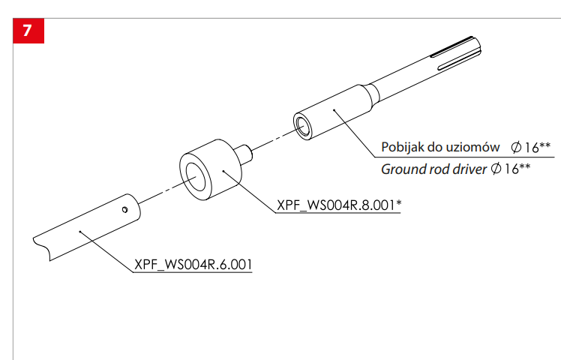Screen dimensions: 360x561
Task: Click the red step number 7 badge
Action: tap(28, 32)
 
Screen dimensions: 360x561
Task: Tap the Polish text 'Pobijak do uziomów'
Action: tap(440, 146)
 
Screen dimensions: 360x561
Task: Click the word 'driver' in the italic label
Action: tap(469, 168)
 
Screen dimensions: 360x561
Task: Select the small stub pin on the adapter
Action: tap(244, 153)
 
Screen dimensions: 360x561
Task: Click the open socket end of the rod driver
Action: tap(303, 125)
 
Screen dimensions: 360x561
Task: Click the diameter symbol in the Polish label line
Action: tap(517, 146)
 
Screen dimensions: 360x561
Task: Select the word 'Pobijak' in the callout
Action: tap(403, 146)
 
